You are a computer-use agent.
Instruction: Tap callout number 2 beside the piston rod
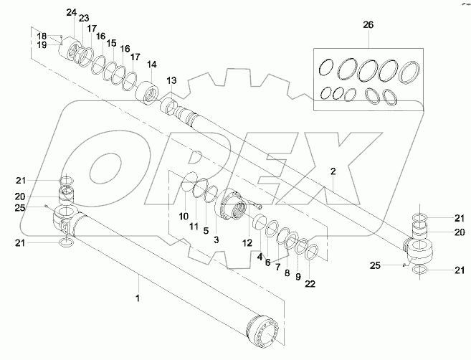pos(333,171)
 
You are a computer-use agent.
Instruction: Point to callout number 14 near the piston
pos(151,64)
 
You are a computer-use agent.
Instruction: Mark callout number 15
pos(111,43)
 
